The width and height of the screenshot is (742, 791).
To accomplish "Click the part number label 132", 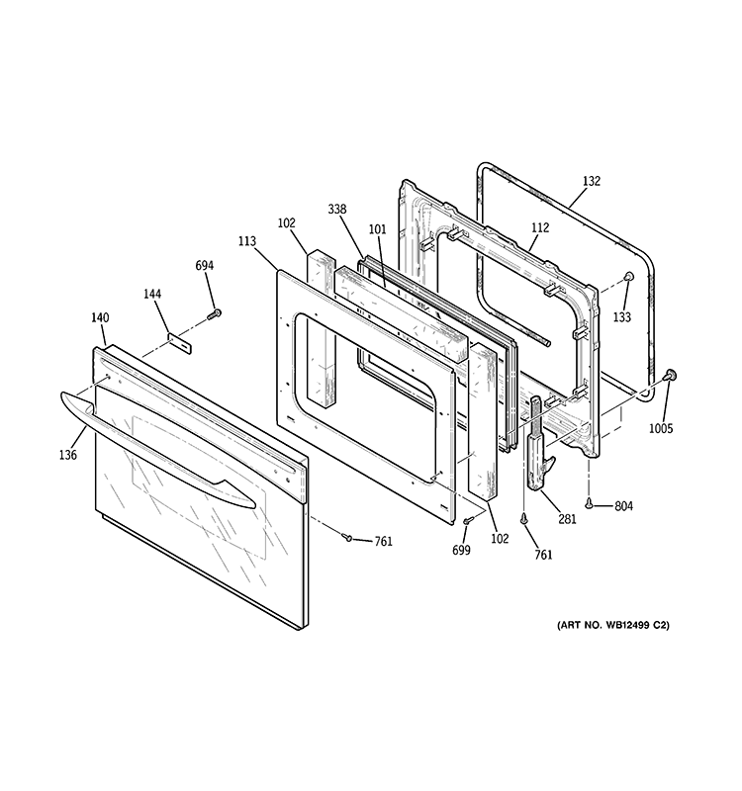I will click(591, 181).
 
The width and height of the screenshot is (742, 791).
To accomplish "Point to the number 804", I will click(622, 506).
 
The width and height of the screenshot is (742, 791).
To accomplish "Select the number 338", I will click(337, 209).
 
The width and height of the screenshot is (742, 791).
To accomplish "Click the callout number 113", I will click(247, 240).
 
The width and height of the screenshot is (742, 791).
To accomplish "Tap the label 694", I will click(205, 266).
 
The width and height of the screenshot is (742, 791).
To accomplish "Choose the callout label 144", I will click(152, 295).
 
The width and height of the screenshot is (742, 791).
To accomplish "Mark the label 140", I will click(99, 317).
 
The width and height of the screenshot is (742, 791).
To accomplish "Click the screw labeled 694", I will click(214, 314).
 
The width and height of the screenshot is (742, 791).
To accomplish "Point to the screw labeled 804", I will click(590, 504).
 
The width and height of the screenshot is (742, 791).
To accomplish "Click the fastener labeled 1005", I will click(672, 375).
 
